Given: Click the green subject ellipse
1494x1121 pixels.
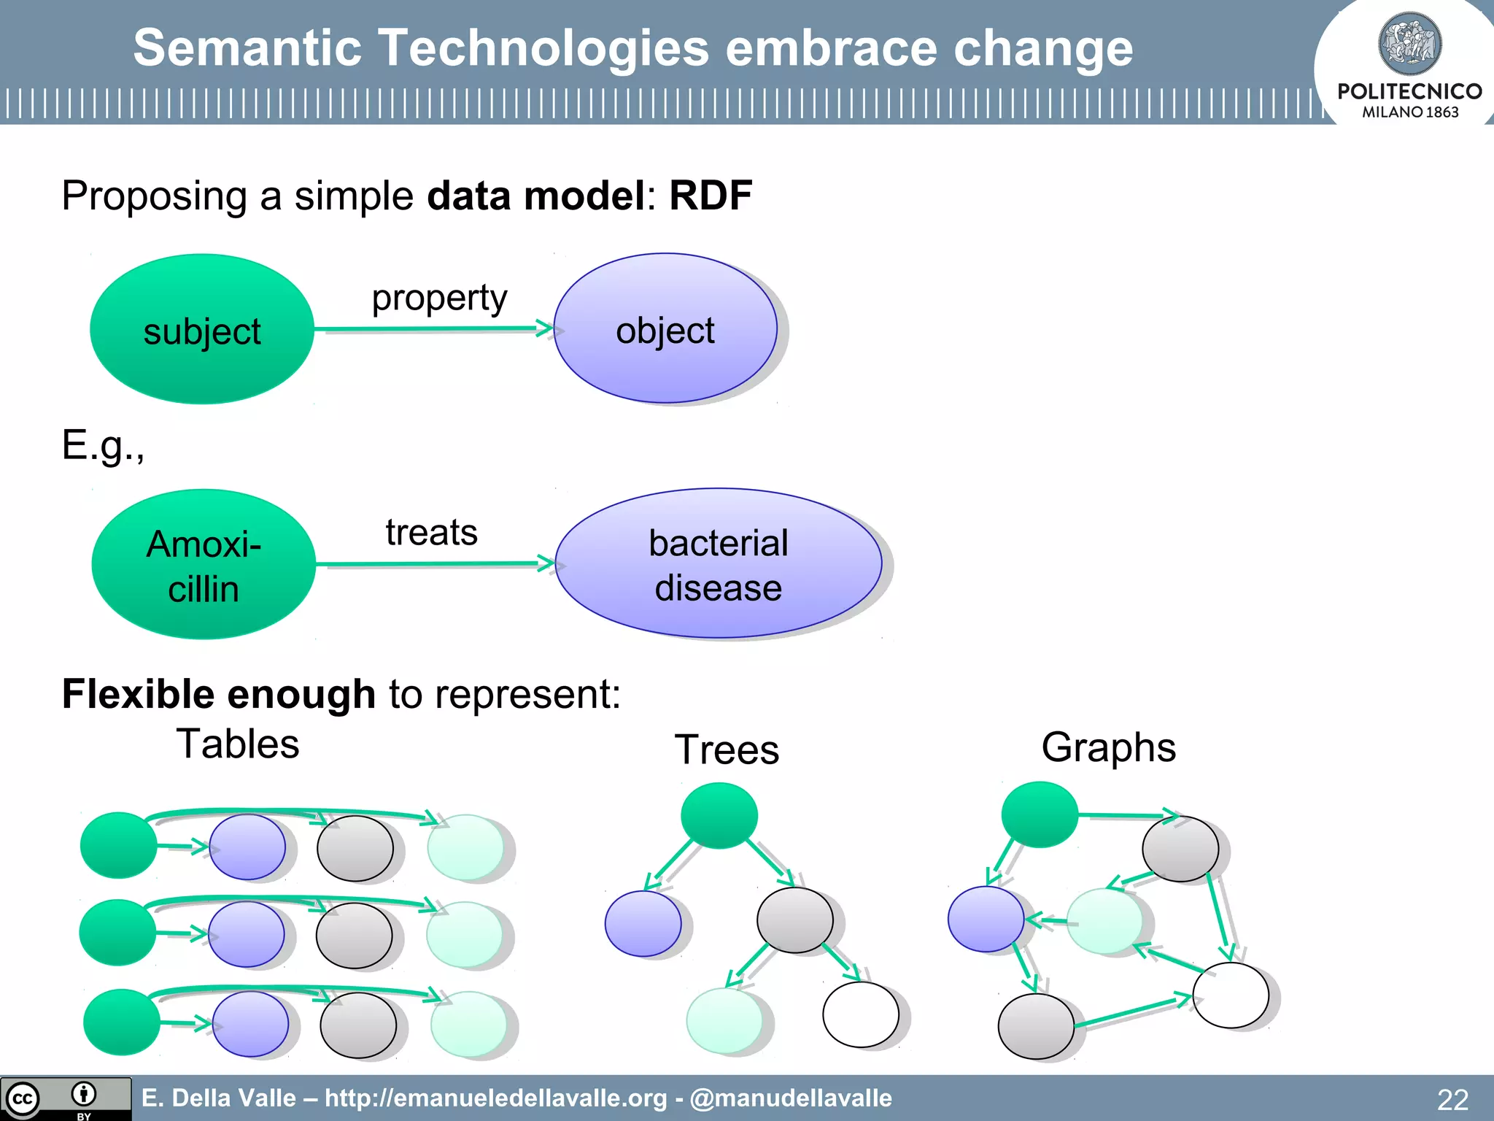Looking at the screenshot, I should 202,329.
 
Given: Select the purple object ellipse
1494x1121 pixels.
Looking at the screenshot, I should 665,328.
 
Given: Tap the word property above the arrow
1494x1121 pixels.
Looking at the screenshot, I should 439,298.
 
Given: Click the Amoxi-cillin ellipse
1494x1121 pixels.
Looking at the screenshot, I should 204,564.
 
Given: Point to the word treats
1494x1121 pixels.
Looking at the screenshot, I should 431,532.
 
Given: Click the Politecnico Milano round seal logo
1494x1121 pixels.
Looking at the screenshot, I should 1409,44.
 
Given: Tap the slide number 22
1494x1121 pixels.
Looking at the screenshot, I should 1452,1099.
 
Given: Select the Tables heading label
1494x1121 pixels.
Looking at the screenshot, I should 238,744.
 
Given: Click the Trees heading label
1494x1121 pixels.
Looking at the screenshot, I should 727,750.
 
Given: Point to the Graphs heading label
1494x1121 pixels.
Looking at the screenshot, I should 1108,747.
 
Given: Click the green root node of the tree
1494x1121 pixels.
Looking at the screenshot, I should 719,815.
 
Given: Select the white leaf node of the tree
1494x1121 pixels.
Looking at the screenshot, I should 860,1014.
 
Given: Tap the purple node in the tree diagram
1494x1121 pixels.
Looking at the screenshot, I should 643,923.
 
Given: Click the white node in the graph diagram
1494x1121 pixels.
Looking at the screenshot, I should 1230,995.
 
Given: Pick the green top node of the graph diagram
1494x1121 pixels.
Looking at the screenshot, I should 1039,814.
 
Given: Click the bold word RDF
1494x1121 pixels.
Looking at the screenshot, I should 711,196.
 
